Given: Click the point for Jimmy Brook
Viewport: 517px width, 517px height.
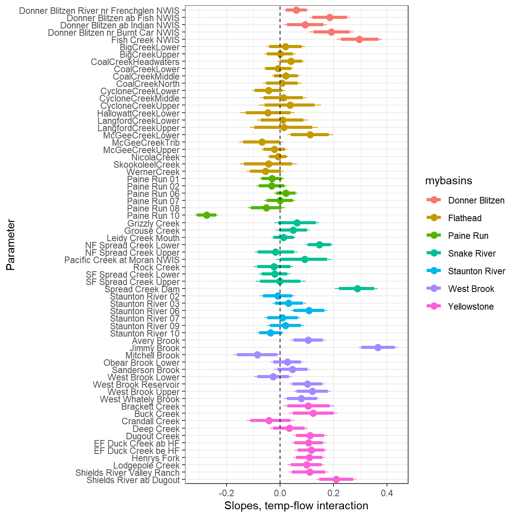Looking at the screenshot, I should tap(378, 347).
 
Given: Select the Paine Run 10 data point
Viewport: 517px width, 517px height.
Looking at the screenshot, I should tap(207, 215).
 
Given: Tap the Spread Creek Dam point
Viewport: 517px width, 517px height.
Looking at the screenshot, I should tap(357, 289).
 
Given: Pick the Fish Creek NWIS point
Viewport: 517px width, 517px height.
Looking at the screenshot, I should tap(359, 39).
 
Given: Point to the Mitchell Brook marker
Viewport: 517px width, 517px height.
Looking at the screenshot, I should tap(257, 355).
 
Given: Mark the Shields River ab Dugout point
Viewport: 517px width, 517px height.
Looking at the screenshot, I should tap(336, 479).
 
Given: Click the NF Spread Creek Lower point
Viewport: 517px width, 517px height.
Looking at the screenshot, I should tap(319, 245).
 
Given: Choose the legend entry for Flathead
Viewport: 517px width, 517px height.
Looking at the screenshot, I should tap(465, 218).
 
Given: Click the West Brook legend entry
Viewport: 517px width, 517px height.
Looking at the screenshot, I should tap(471, 289).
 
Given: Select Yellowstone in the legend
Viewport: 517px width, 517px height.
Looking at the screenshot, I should tap(470, 307).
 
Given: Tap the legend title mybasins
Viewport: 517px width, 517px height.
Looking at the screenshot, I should tap(449, 181).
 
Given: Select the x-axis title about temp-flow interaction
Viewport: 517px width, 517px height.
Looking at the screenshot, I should tap(296, 506).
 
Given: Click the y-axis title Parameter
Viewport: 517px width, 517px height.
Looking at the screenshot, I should tap(11, 245).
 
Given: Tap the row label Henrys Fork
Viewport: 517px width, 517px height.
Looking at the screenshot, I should tap(155, 458).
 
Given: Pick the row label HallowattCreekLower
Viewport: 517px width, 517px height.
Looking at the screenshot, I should tap(138, 113).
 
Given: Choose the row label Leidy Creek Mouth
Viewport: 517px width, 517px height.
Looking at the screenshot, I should tap(143, 238).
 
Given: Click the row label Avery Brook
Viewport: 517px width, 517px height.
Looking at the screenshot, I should tap(155, 341).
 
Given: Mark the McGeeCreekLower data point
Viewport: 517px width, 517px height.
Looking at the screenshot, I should tap(310, 135).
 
